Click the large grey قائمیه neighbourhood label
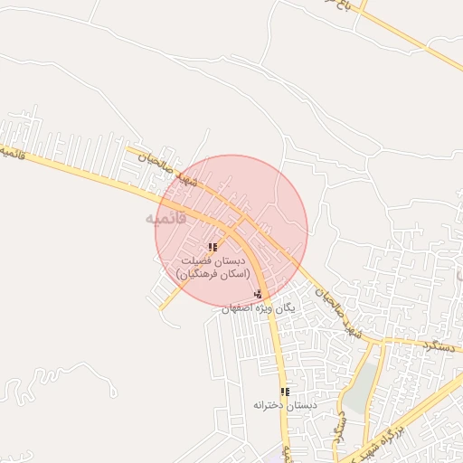coord(165,219)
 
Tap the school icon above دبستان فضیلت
coord(213,247)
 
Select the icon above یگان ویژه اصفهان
coord(259,293)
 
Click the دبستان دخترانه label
coord(285,405)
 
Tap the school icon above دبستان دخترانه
coord(285,392)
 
